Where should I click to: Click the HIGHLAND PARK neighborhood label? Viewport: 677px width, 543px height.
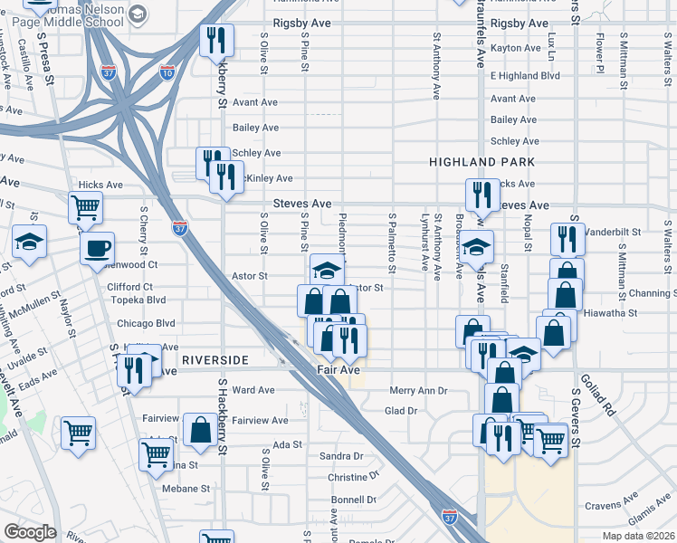coord(482,162)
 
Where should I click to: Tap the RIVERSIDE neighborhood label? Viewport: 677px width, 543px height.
coord(215,360)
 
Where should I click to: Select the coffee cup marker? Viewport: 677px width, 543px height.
coord(97,249)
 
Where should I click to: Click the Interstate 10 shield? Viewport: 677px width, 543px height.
coord(167,71)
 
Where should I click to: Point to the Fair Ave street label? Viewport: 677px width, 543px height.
coord(338,370)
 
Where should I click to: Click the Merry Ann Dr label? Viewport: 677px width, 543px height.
coord(418,391)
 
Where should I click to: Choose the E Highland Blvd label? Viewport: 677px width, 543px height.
coord(525,75)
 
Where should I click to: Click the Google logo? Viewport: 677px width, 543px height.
coord(31,531)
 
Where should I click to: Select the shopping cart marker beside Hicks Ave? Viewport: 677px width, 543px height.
coord(85,207)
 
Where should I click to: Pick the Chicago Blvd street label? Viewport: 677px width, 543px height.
coord(145,323)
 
